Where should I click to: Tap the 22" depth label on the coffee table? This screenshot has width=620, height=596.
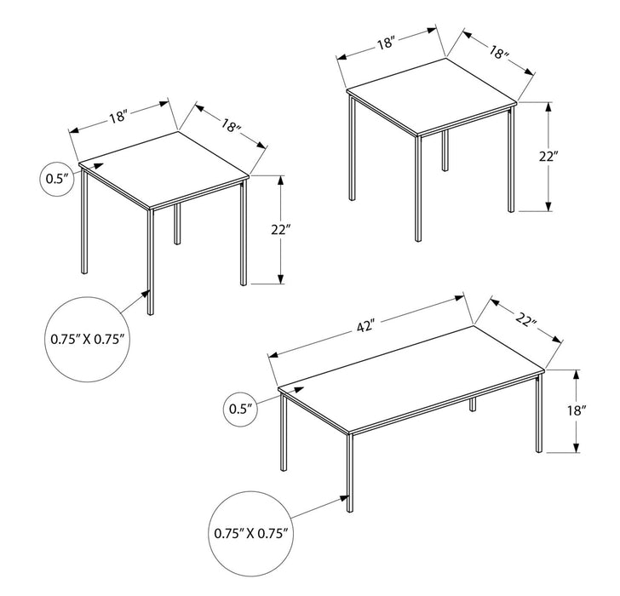point(528,322)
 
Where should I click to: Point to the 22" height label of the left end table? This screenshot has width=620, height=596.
point(282,230)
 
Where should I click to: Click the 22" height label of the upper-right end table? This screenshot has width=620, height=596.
point(548,156)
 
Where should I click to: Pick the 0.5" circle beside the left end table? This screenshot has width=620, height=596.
point(57,179)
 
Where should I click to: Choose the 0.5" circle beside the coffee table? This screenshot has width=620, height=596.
point(241,409)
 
